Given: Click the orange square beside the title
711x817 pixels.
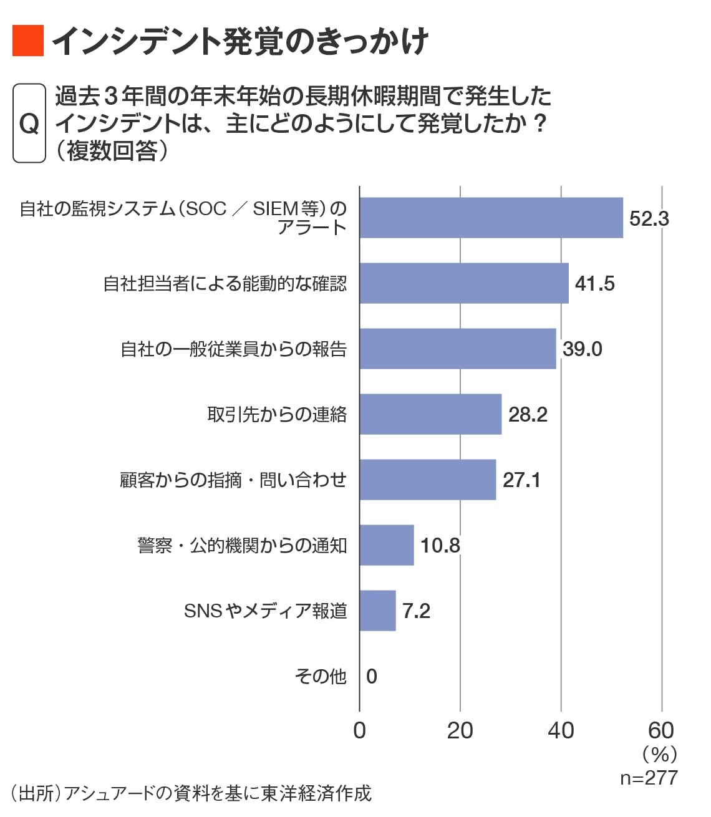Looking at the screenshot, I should click(28, 41).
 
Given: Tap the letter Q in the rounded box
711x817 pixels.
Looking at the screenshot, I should click(29, 123).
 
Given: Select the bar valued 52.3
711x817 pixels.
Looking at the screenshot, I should click(491, 218).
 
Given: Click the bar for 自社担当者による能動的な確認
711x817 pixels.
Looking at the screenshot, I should click(464, 283).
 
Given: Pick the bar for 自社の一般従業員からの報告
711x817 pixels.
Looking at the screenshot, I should click(458, 349).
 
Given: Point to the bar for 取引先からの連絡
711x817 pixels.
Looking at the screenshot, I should click(430, 414).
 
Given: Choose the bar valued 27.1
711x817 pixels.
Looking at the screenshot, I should click(428, 480).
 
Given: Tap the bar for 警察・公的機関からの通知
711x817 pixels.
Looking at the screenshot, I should click(387, 545).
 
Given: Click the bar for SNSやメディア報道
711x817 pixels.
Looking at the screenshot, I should click(378, 611).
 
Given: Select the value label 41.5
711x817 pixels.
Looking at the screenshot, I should click(594, 284).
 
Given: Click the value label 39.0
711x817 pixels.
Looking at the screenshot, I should click(582, 349).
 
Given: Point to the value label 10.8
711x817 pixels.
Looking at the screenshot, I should click(440, 546).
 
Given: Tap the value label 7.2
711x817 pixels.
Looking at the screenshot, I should click(416, 611).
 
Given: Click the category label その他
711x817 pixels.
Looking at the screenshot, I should click(320, 676).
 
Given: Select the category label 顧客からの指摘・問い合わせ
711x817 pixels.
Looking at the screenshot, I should click(233, 480).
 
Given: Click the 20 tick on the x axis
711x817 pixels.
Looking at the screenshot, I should click(460, 730).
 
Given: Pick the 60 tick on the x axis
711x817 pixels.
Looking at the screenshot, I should click(661, 730).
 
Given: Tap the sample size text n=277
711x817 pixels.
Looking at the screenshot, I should click(649, 778).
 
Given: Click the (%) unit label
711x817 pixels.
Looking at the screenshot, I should click(659, 755).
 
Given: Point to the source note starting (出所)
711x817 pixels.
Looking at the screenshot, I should click(191, 793).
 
